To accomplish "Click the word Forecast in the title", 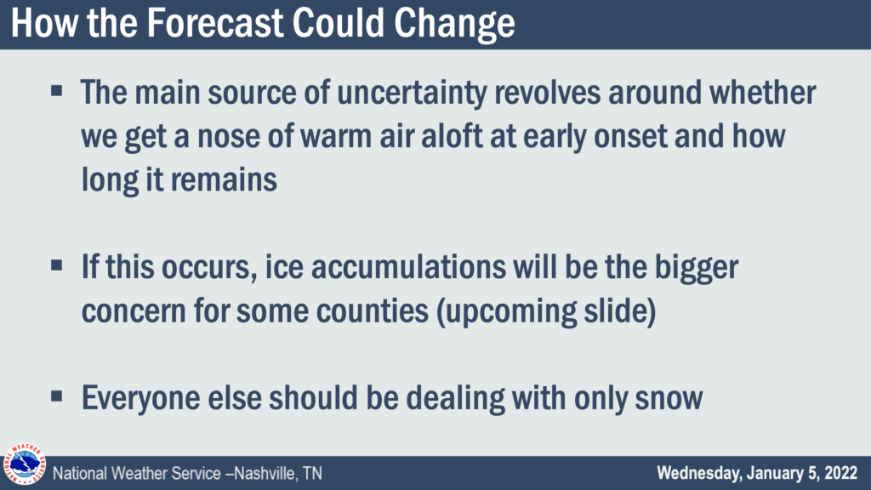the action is (x=215, y=23).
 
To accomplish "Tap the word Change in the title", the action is (x=455, y=24).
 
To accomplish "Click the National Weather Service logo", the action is (x=25, y=464).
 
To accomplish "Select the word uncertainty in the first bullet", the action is (x=412, y=93).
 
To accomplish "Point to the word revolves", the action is (x=547, y=92).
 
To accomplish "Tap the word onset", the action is (x=630, y=137).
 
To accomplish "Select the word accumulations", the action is (x=408, y=267).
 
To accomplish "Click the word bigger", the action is (x=697, y=269).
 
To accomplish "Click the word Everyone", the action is (x=140, y=399).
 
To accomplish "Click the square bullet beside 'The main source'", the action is (x=57, y=90).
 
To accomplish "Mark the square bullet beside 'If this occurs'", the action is (x=57, y=265).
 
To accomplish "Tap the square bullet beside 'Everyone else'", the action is (x=57, y=396).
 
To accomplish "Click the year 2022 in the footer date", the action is (x=840, y=473).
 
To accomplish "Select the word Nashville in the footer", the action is (x=265, y=473).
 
